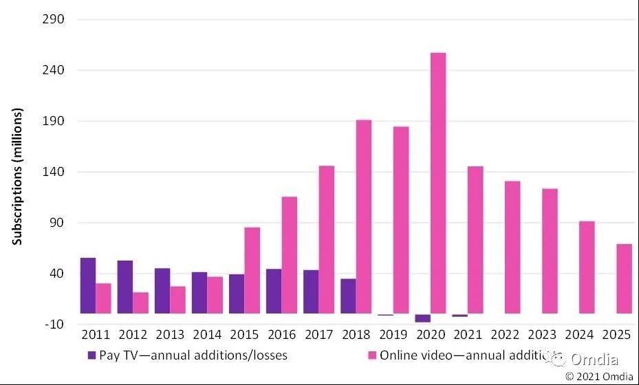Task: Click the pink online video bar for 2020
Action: tap(438, 183)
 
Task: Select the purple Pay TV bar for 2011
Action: tap(88, 285)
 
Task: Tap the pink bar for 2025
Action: tap(624, 278)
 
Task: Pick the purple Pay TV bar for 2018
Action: tap(348, 296)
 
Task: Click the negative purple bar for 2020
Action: tap(422, 318)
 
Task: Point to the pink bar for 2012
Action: tap(140, 302)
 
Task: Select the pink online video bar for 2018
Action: tap(364, 217)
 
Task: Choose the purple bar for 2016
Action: tap(274, 291)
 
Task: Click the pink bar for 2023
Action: tap(550, 251)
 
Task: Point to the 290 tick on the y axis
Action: tap(54, 19)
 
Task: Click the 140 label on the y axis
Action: tap(54, 172)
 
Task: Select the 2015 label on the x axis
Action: tap(244, 335)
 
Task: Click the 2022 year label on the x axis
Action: tap(505, 335)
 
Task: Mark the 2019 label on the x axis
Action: tap(393, 335)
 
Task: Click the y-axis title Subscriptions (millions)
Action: tap(18, 177)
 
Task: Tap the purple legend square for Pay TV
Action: tap(91, 355)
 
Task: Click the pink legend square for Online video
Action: tap(372, 355)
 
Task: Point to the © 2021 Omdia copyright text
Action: tap(598, 376)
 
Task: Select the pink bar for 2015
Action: tap(252, 270)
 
